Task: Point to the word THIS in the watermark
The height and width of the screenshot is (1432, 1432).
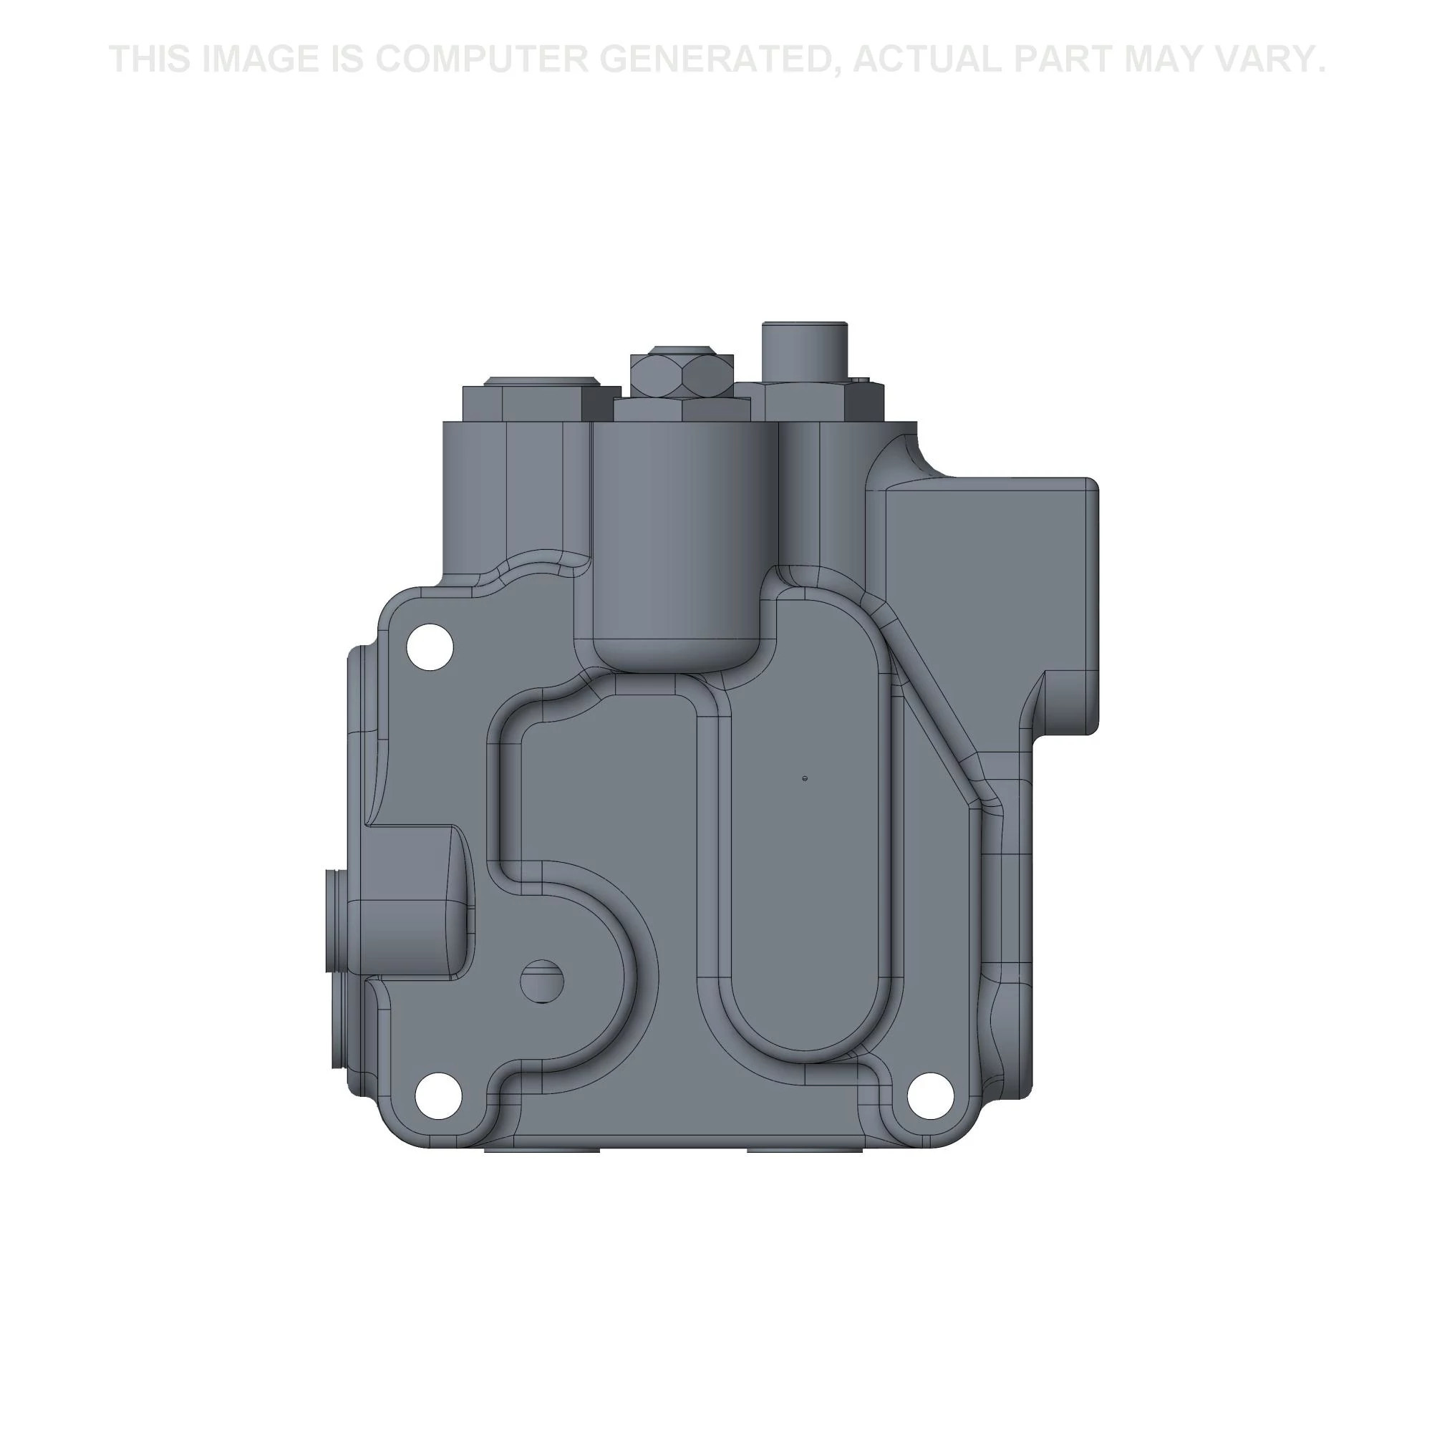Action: [151, 59]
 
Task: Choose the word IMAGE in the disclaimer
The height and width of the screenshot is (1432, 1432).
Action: [263, 59]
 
